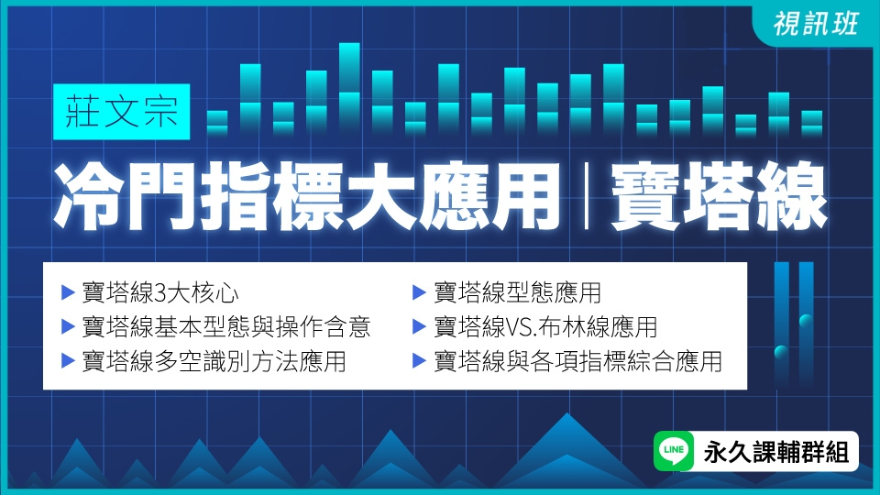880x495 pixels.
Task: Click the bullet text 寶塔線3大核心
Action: pos(160,294)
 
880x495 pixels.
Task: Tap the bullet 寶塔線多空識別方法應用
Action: pos(214,360)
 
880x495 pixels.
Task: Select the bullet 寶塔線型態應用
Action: pos(518,294)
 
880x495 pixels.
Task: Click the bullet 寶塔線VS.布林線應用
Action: pos(545,327)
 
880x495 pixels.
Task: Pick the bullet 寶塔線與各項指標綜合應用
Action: pos(578,360)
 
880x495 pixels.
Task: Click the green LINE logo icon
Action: pos(674,451)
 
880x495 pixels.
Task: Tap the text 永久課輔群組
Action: pos(775,451)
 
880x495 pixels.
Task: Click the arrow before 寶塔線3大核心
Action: pos(67,294)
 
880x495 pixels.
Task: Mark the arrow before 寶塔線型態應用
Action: pos(419,294)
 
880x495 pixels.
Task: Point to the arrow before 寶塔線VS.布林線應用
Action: pos(419,327)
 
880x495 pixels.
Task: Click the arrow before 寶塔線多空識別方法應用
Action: pos(67,360)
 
